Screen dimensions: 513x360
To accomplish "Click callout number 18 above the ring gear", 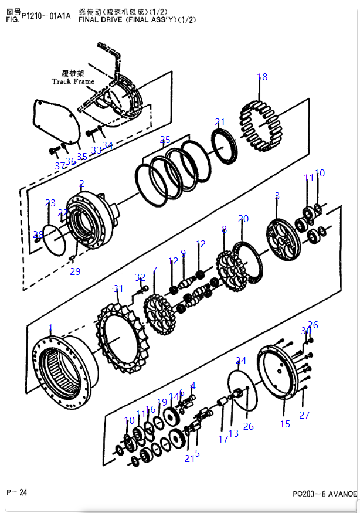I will (x=262, y=77).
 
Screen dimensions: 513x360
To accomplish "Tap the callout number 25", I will (x=165, y=140).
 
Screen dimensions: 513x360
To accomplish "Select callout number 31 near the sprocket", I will (x=118, y=288).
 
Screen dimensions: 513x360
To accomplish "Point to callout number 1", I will (x=50, y=328).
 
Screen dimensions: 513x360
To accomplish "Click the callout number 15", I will (x=285, y=424).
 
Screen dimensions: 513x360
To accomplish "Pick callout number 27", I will (x=304, y=415).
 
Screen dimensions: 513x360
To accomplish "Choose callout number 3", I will (x=277, y=195).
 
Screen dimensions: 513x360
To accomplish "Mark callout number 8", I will (x=224, y=229).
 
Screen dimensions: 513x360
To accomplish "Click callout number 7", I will (x=154, y=270).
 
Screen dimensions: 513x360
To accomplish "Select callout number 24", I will (x=241, y=361).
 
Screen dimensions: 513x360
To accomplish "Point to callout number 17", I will (x=223, y=439).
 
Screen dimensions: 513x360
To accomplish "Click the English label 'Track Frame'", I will (x=73, y=81).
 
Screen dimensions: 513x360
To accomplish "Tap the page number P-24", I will (x=16, y=492).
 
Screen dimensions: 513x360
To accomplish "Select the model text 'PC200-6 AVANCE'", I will (x=324, y=494).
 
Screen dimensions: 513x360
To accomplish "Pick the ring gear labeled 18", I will (x=260, y=126).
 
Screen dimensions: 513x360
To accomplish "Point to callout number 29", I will (x=75, y=271).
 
